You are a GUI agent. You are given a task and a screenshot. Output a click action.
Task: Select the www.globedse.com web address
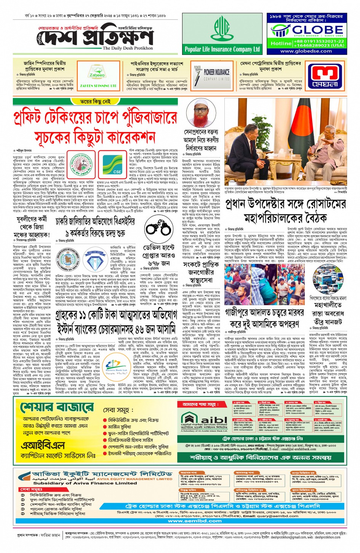306,51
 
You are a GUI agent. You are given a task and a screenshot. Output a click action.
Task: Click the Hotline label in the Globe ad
281,43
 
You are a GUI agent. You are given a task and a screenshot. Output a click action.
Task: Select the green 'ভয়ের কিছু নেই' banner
96,102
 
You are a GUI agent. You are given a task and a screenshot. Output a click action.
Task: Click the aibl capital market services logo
204,421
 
